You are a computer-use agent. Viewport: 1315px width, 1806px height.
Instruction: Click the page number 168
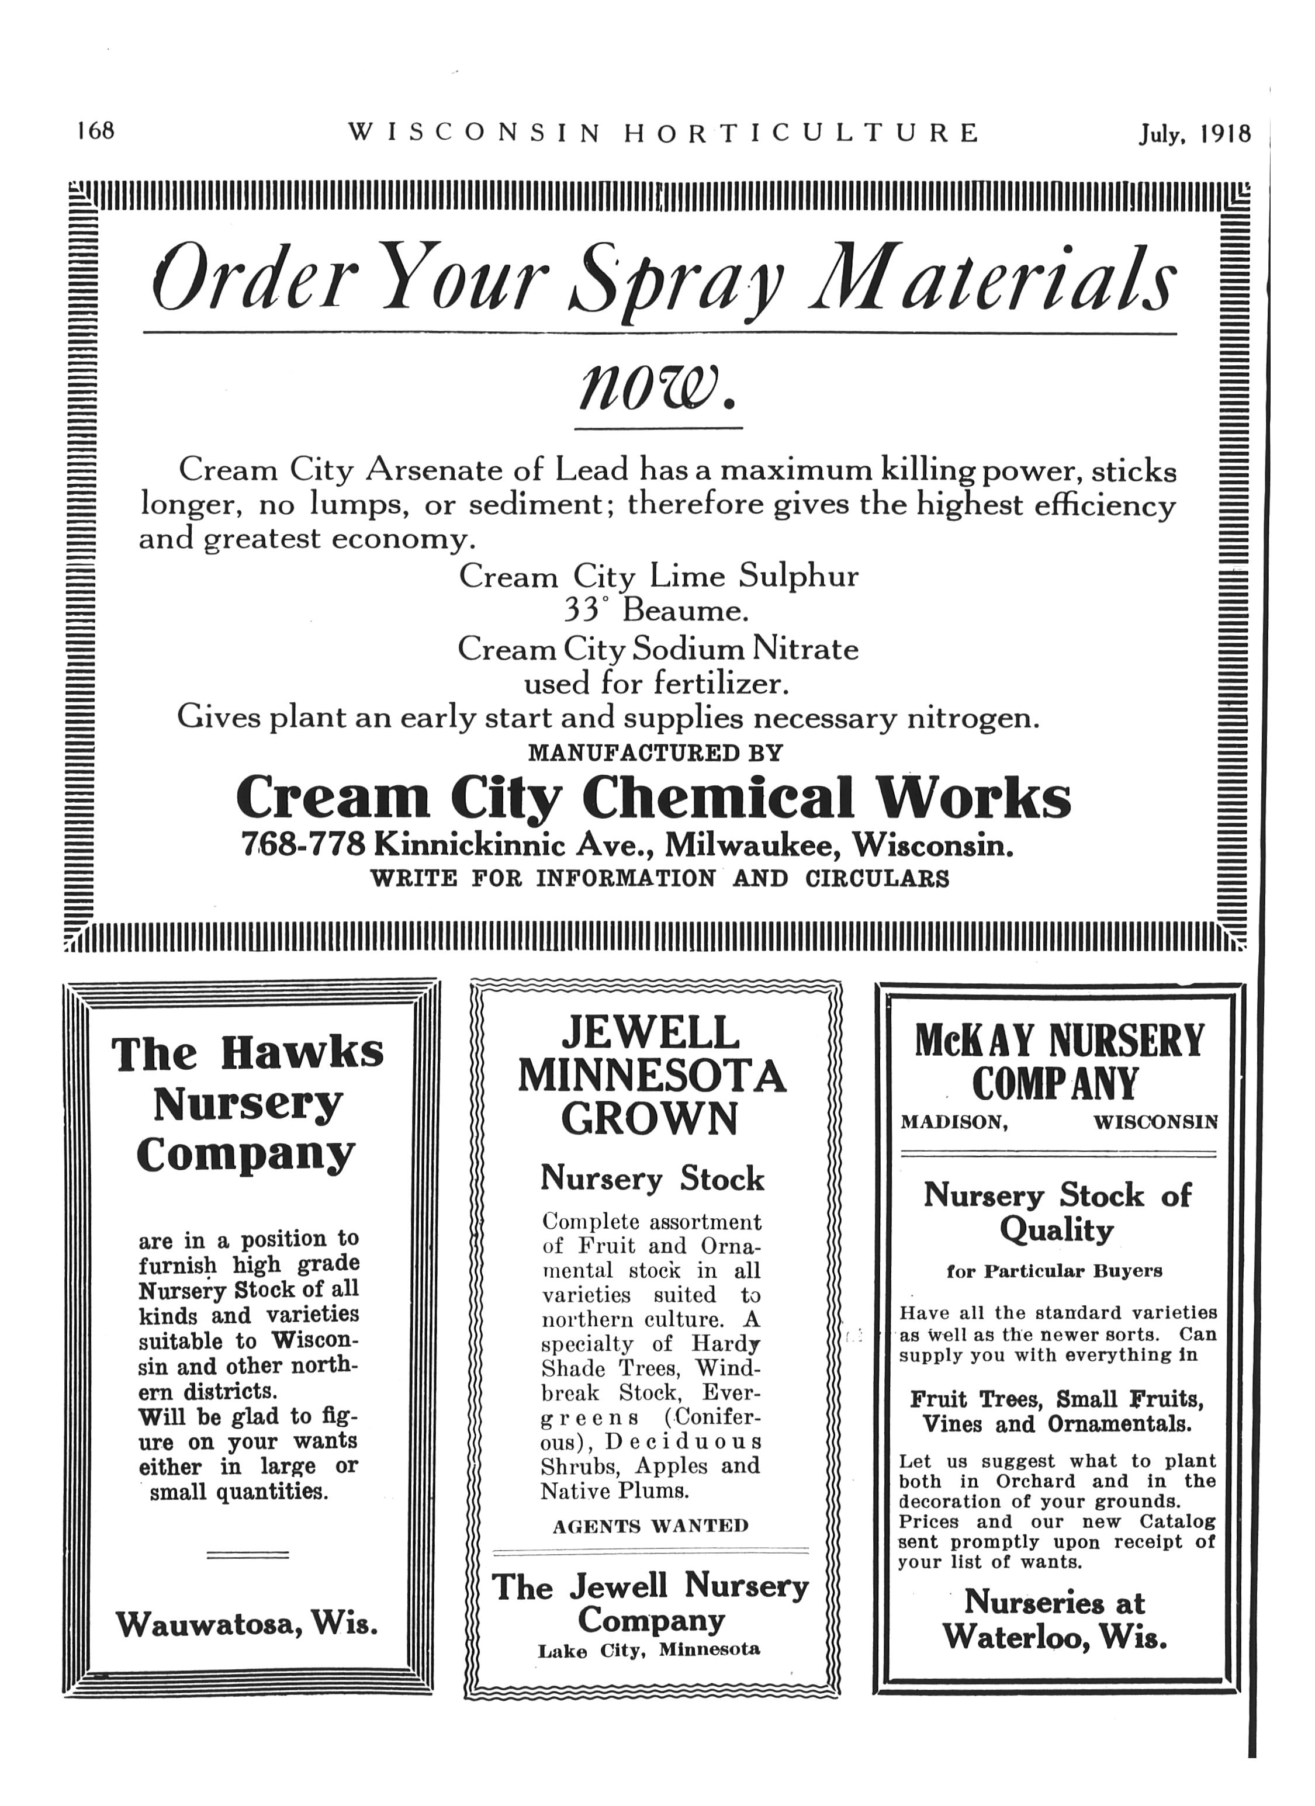coord(96,131)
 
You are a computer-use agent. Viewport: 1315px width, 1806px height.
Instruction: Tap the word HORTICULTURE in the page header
coord(801,132)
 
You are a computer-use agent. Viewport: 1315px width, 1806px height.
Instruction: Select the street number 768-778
coord(303,844)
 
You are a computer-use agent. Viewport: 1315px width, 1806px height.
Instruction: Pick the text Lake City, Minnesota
coord(649,1649)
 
